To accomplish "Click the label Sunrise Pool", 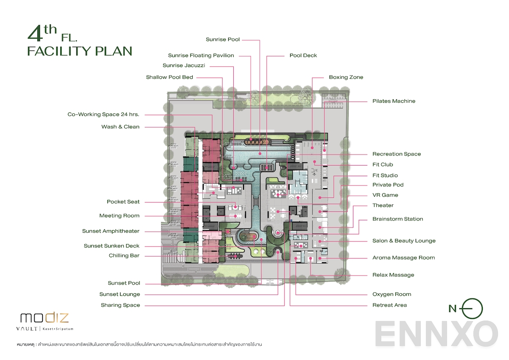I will point(223,39).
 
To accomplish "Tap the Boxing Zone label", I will point(346,77).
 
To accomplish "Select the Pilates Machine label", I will point(394,101).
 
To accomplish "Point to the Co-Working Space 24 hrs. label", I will point(103,114).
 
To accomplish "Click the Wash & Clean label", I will point(120,127).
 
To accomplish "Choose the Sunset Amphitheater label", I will point(111,231).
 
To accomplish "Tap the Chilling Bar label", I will point(124,256).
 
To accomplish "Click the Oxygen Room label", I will point(392,294).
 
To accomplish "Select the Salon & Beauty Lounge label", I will point(404,241).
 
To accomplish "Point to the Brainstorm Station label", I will point(397,219).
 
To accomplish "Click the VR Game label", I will point(385,195).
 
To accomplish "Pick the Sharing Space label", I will point(120,305).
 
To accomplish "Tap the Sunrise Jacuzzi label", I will point(184,65).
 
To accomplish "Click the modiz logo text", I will point(44,318).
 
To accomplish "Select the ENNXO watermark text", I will point(436,334).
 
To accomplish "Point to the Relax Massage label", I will point(393,275).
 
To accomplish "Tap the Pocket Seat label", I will point(123,202).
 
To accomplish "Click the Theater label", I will point(383,205).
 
